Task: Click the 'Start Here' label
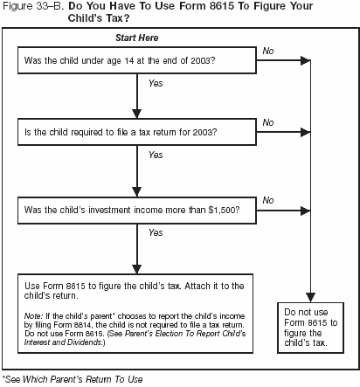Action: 136,39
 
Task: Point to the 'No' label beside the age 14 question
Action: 268,52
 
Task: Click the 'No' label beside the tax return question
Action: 268,122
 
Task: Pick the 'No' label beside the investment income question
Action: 268,200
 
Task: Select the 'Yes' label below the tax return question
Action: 156,155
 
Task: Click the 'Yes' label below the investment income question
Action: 156,233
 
